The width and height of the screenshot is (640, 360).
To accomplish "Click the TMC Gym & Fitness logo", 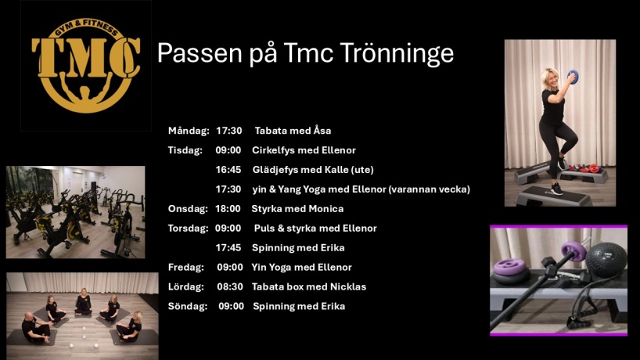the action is (x=86, y=65).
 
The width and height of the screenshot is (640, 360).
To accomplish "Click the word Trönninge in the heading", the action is (x=397, y=54).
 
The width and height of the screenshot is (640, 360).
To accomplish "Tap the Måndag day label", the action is (x=189, y=131).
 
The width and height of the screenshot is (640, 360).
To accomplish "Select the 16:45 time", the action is (x=228, y=169).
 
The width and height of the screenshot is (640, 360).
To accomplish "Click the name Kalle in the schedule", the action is (x=336, y=169).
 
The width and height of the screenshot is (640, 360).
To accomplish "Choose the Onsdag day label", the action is (x=188, y=209).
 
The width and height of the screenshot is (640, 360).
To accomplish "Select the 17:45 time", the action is (x=228, y=248).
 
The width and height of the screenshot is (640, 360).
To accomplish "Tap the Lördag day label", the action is (x=185, y=287).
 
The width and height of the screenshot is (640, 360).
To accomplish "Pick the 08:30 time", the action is (x=230, y=287).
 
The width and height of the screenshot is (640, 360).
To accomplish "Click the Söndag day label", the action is (x=187, y=306).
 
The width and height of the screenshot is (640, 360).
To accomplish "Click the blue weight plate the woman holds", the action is (x=573, y=77).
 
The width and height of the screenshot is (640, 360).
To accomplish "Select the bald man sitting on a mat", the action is (x=35, y=327).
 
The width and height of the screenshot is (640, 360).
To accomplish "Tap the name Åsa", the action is (x=322, y=131).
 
